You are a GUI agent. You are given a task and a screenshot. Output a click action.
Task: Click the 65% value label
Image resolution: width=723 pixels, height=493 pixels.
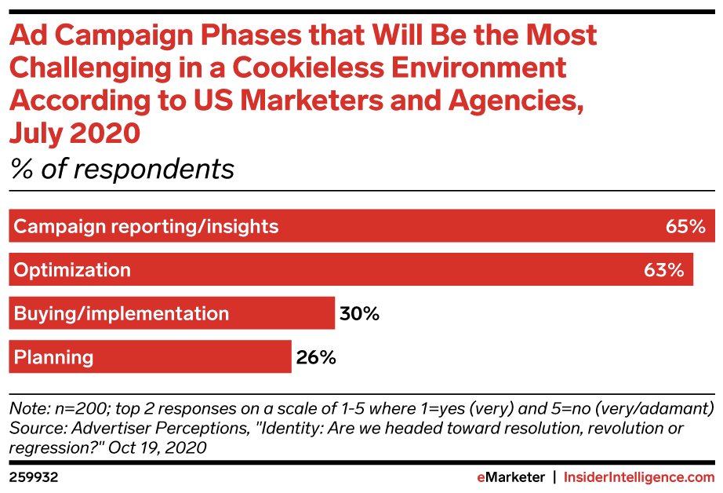[x=686, y=227]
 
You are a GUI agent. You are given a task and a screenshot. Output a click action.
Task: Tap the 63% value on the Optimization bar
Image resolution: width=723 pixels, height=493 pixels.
[x=664, y=270]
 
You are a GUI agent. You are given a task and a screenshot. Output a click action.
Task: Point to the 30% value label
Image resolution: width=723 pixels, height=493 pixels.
[x=360, y=314]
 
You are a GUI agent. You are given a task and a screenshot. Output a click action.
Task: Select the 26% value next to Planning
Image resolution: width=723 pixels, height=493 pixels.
[x=316, y=357]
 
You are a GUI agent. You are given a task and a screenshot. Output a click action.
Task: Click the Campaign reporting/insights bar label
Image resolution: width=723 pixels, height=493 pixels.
[x=147, y=227]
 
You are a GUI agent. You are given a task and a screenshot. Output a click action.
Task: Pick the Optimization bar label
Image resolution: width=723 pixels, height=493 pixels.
[x=72, y=270]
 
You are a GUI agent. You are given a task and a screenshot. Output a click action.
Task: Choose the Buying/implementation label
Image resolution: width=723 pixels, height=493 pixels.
[x=122, y=314]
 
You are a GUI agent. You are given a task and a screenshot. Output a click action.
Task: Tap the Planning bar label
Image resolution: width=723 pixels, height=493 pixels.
[x=54, y=357]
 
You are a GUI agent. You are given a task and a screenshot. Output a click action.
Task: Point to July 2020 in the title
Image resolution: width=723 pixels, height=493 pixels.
[x=74, y=133]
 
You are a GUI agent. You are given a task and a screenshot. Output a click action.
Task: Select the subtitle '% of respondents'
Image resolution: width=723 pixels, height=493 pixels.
[x=122, y=169]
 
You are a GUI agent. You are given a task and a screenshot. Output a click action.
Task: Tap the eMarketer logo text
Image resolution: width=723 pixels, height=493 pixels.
[x=510, y=477]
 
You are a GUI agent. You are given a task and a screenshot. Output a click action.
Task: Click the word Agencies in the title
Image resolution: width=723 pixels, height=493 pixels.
[x=514, y=100]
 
